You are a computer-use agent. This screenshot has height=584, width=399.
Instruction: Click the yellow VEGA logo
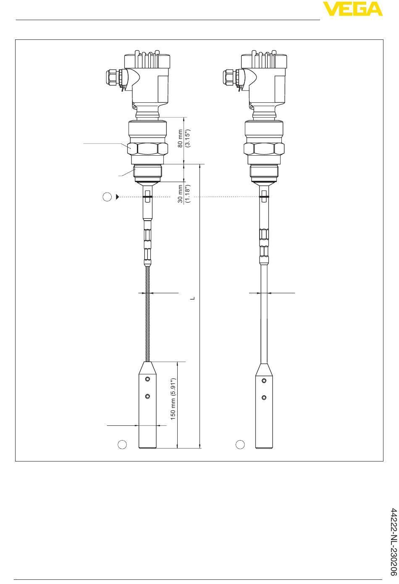352,9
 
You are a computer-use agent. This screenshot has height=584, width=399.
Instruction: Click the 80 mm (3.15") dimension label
184,138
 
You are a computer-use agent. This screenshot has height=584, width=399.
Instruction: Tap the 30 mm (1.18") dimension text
184,193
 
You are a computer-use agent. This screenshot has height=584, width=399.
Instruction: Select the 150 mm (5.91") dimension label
173,399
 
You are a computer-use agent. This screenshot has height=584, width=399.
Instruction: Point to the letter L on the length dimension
193,298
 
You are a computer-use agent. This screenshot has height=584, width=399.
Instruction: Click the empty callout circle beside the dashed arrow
107,197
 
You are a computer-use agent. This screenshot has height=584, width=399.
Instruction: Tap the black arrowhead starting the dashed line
118,197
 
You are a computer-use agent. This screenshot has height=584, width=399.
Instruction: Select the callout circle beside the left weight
122,445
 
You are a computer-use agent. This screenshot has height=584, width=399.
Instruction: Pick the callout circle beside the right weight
240,445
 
